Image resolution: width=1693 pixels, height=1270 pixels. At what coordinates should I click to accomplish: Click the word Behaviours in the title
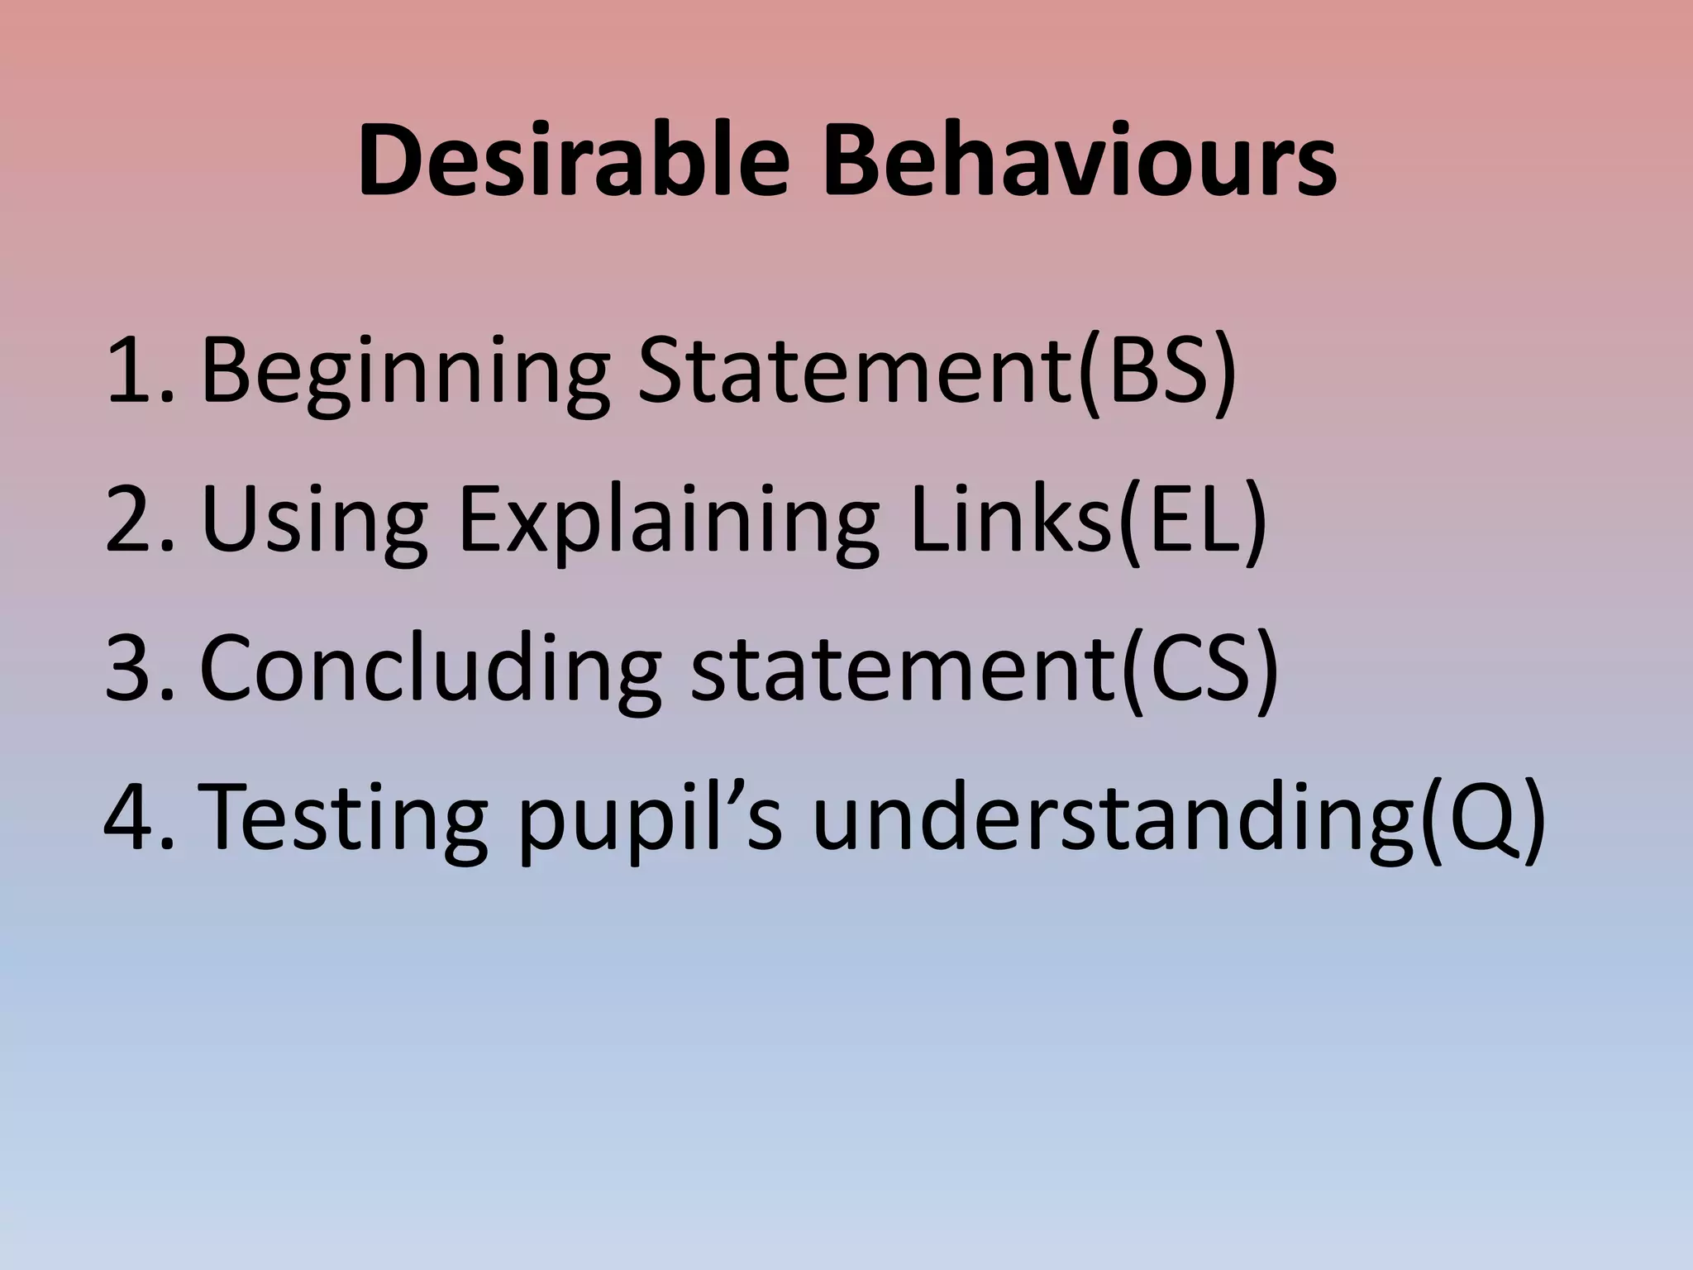1078,162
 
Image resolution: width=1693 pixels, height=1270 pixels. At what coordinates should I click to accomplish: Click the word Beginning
405,372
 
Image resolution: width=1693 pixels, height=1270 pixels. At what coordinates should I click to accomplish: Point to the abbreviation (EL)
1190,521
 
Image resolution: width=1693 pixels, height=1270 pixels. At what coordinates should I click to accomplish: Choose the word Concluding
430,670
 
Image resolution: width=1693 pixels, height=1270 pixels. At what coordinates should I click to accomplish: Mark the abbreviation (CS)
1199,670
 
